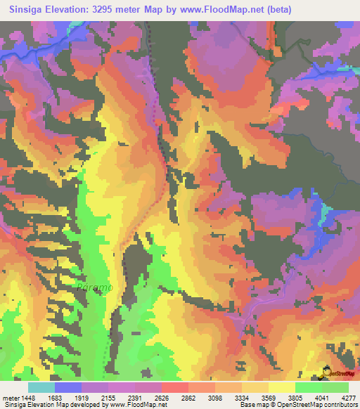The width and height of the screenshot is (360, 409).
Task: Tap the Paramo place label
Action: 94,287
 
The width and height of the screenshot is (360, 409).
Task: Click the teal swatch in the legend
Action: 41,387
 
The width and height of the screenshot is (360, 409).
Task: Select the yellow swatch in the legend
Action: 282,387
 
